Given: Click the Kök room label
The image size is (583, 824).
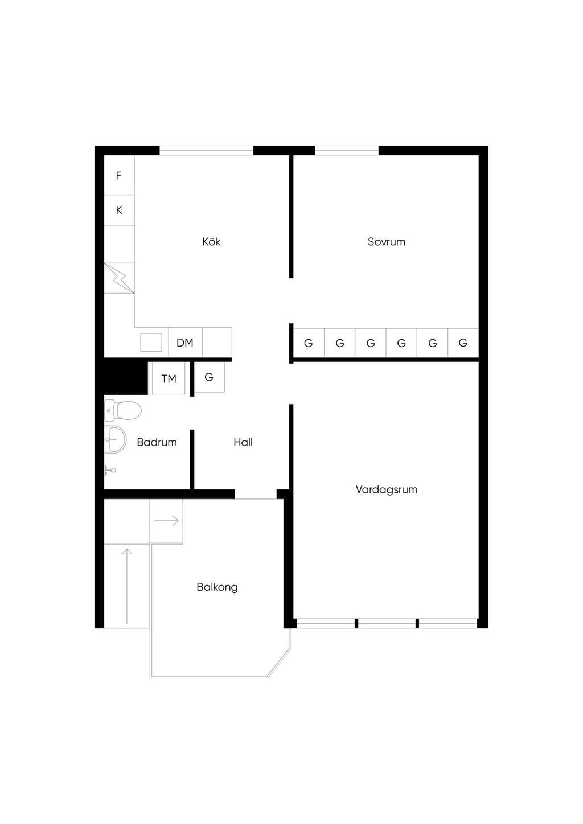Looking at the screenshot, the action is click(211, 242).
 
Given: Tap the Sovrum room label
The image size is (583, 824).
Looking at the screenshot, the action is click(387, 242).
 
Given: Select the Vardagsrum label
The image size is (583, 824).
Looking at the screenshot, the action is click(387, 489).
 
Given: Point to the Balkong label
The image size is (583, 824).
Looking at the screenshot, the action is click(217, 587).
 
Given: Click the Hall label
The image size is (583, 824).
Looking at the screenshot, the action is click(243, 442).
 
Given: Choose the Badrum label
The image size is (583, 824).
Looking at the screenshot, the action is click(157, 442).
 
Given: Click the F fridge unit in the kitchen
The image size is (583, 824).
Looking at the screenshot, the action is click(119, 175).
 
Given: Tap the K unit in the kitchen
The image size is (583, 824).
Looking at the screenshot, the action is click(119, 210).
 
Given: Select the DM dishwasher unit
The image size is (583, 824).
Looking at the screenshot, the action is click(185, 343).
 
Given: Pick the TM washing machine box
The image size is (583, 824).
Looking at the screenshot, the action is click(169, 378).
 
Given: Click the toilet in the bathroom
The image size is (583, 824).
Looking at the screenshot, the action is click(123, 410).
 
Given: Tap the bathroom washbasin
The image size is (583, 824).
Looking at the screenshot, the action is click(115, 439).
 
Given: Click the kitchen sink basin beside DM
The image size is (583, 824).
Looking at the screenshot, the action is click(151, 343).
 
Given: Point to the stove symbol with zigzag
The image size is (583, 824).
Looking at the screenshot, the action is click(119, 278).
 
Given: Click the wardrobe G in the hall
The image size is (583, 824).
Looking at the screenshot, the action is click(209, 377).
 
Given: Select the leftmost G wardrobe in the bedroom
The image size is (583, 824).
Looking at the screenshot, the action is click(309, 343).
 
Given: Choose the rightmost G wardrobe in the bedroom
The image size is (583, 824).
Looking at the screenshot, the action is click(463, 343).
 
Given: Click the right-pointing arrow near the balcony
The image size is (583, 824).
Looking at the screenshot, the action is click(166, 521).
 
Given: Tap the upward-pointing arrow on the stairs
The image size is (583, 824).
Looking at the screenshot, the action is click(127, 586).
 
